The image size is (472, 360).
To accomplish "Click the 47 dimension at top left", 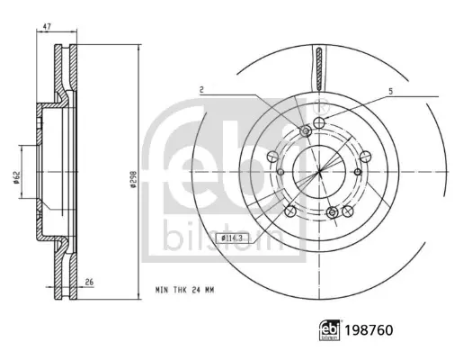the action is [x=47, y=26].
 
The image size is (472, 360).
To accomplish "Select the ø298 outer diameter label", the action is [x=133, y=180].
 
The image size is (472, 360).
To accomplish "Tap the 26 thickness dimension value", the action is [x=89, y=283].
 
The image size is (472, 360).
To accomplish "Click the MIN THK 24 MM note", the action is [x=184, y=290].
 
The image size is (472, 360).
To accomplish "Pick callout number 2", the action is [x=202, y=89].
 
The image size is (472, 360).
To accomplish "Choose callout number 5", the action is [x=391, y=91].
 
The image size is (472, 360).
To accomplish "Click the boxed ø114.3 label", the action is [x=233, y=238].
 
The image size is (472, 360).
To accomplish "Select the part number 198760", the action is [x=369, y=330].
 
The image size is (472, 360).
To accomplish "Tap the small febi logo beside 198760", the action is [x=330, y=330].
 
